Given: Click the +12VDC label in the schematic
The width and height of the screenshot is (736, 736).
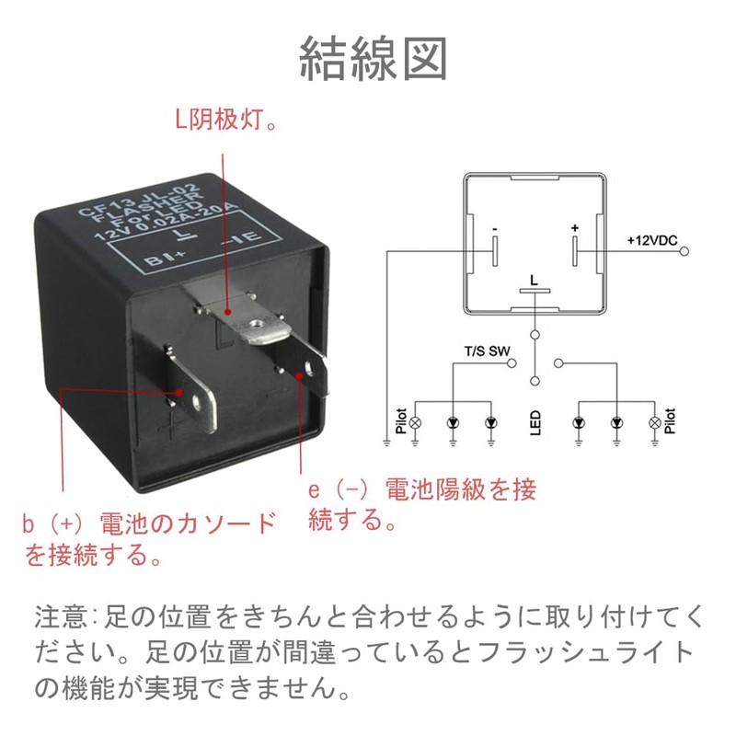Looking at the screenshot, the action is point(652,240).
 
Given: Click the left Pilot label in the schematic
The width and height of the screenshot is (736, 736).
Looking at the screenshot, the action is point(401,422).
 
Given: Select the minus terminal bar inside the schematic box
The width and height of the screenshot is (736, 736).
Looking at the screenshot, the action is point(494,249).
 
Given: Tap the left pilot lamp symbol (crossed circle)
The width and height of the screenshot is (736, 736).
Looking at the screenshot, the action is point(415,422).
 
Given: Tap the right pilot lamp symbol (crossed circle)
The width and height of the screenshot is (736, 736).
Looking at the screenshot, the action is point(654,422).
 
